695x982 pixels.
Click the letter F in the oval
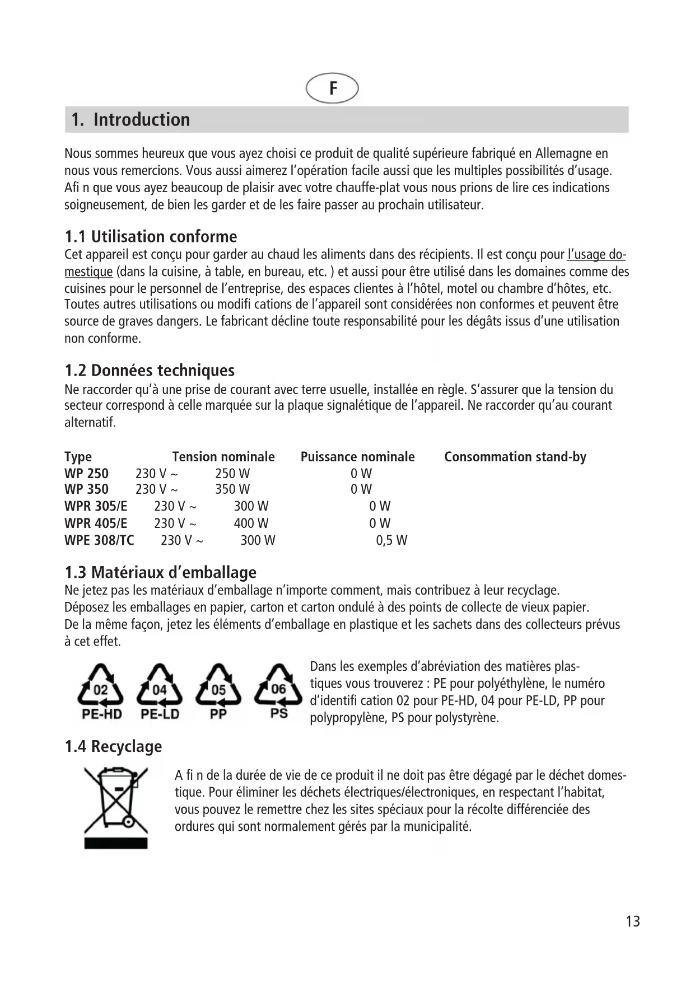click(x=333, y=89)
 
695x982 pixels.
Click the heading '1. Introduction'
click(x=130, y=120)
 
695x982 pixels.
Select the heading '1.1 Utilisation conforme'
click(x=151, y=236)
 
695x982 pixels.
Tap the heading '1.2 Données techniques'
click(x=150, y=371)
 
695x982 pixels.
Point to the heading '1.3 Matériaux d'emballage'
click(x=160, y=572)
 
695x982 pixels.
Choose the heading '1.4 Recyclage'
click(x=113, y=746)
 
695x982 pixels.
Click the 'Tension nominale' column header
click(x=223, y=457)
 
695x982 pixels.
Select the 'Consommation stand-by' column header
click(x=515, y=457)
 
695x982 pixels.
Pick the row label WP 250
click(x=86, y=474)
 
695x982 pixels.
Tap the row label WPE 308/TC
click(x=99, y=540)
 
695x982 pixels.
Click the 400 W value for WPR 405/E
click(x=251, y=523)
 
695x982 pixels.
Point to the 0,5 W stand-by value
click(x=391, y=540)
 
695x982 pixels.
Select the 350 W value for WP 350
click(x=232, y=489)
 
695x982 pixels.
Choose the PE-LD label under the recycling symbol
click(x=160, y=714)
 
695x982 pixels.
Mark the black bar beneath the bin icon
click(x=116, y=844)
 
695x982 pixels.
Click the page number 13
click(x=632, y=922)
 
